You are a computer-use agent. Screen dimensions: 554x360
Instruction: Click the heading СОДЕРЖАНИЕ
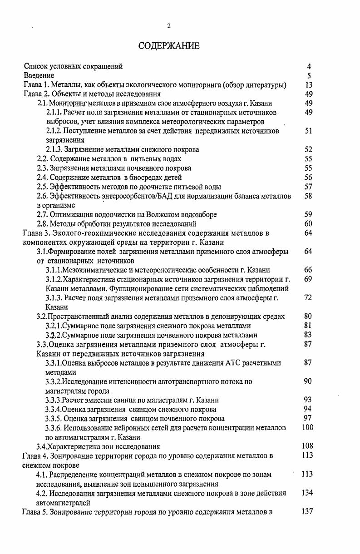click(168, 46)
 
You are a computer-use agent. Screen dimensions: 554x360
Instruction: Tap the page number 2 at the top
click(169, 26)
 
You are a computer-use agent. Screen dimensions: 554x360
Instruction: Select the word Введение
click(39, 75)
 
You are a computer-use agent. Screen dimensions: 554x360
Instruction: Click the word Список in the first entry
click(35, 66)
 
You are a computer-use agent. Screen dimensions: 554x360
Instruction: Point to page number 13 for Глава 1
click(309, 85)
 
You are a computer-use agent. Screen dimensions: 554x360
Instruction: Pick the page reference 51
click(309, 131)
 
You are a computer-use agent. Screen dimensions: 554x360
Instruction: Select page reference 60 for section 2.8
click(309, 223)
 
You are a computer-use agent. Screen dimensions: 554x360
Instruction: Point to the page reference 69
click(309, 279)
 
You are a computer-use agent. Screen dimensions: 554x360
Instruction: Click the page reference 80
click(309, 316)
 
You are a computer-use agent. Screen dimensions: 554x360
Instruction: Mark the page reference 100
click(307, 427)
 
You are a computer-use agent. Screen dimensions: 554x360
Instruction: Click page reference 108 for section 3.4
click(307, 446)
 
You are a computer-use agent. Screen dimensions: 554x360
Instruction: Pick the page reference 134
click(307, 493)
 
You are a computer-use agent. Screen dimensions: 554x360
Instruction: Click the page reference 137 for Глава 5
click(307, 512)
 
